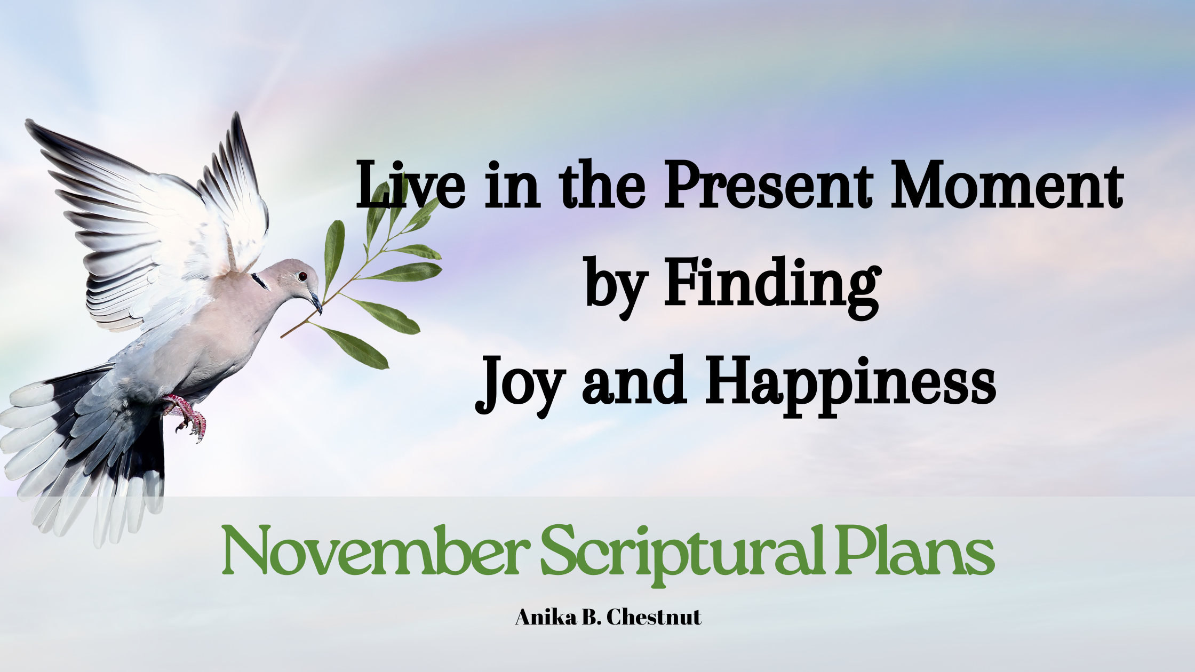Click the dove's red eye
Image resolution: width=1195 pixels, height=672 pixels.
302,276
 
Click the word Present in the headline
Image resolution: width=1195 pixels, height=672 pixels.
768,185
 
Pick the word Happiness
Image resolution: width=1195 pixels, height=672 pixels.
850,382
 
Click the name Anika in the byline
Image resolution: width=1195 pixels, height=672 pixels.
546,617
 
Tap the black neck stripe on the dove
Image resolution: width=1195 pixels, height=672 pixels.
260,281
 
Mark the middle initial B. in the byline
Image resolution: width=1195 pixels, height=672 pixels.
592,617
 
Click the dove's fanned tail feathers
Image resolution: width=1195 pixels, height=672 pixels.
80,453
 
